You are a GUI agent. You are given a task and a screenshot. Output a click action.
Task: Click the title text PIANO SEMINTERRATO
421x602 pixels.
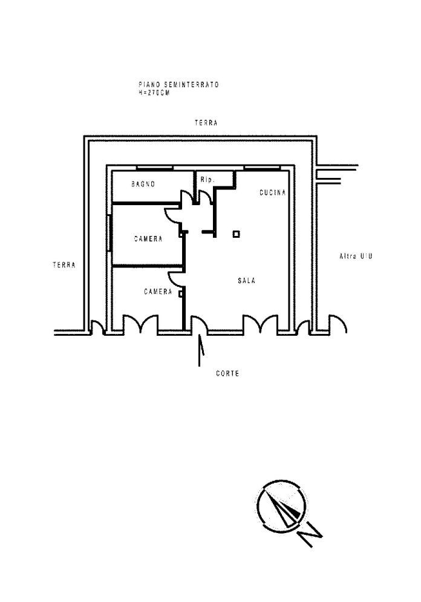click(178, 85)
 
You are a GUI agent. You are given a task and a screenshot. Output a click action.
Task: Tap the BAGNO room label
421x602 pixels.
click(144, 184)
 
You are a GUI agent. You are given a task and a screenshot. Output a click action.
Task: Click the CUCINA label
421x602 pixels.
click(272, 192)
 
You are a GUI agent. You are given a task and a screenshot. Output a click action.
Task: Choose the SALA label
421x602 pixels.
click(246, 281)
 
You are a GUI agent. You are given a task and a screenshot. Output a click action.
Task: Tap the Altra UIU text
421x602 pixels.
click(355, 257)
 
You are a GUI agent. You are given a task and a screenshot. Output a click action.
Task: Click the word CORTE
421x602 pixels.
click(227, 374)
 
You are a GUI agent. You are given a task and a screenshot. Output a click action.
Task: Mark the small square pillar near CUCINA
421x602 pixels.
click(236, 234)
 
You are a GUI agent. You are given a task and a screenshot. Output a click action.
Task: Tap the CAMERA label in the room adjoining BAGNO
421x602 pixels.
click(148, 239)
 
